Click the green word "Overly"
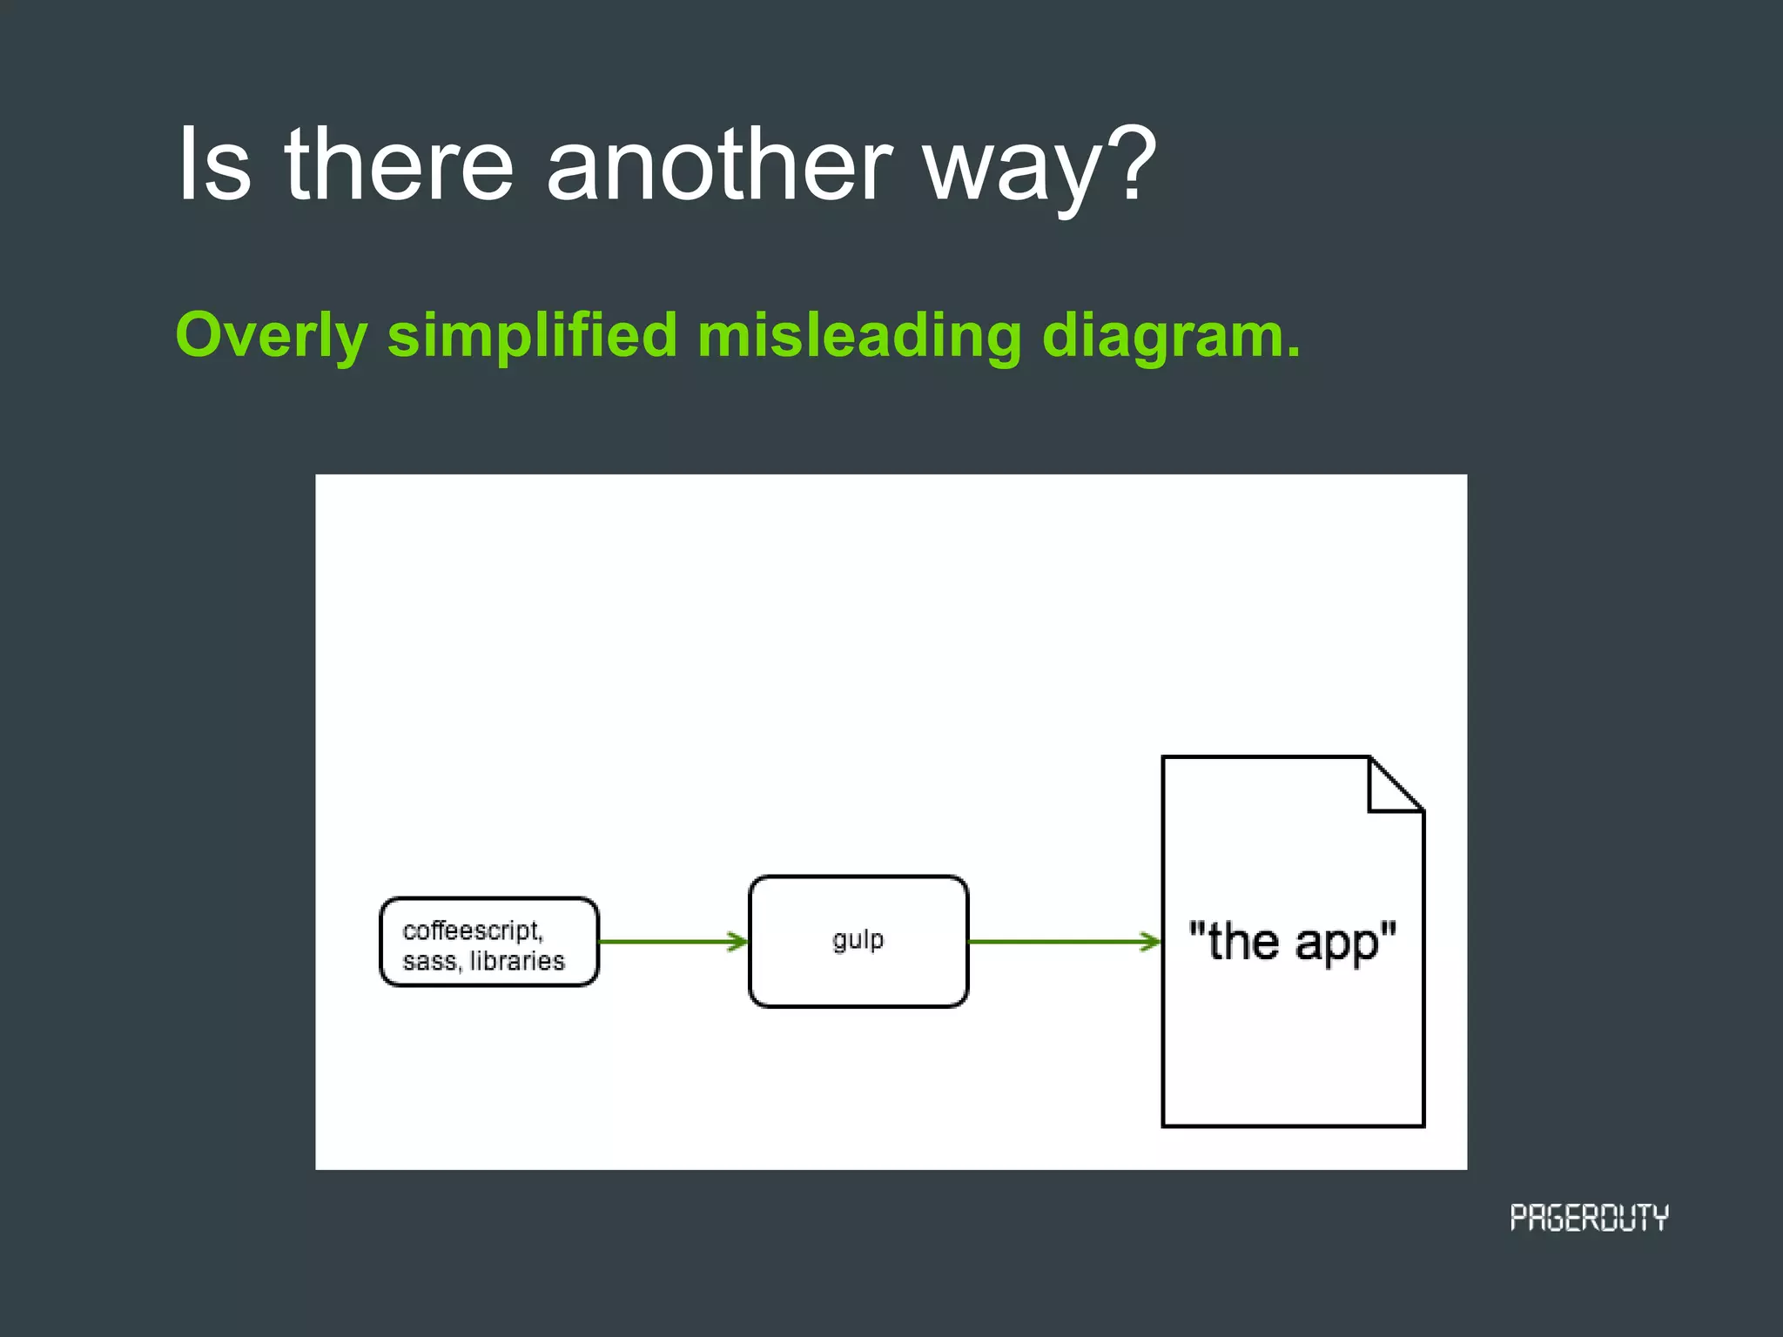272,336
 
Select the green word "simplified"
532,336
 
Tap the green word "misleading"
858,336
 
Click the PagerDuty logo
1589,1217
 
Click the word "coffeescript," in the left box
473,931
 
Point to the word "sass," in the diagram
431,961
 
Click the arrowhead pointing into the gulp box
739,941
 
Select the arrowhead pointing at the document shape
1152,941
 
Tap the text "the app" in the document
1292,941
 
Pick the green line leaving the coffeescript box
662,941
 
